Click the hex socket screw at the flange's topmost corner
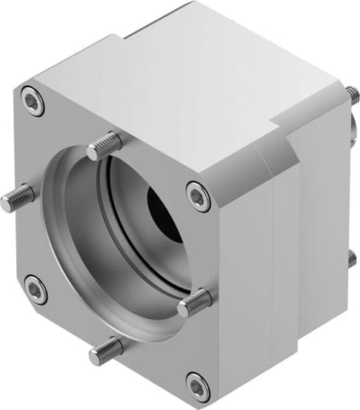coord(33,104)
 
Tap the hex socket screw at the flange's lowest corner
coord(198,385)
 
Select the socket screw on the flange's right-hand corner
coord(198,193)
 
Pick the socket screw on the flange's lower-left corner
coord(35,290)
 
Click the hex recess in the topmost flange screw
coord(33,104)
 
